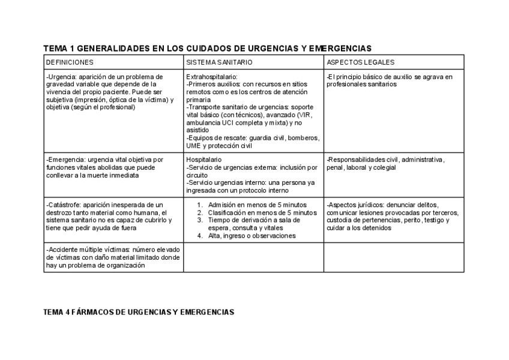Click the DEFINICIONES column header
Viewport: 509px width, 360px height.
click(x=70, y=62)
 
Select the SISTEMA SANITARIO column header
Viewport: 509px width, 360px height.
click(x=219, y=62)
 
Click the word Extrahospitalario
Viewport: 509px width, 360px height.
click(x=212, y=77)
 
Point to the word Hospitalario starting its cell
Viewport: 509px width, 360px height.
click(x=204, y=160)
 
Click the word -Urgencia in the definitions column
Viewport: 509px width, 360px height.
click(x=59, y=77)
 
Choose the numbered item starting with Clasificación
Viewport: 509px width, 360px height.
click(x=262, y=212)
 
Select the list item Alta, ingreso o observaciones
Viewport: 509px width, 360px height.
click(x=251, y=236)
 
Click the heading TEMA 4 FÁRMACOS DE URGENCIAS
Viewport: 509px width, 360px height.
click(x=139, y=313)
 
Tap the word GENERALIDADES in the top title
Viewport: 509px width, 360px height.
click(x=112, y=48)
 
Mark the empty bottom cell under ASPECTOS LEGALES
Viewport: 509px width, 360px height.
click(x=394, y=257)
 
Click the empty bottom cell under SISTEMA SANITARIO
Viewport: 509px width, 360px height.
click(x=253, y=257)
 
